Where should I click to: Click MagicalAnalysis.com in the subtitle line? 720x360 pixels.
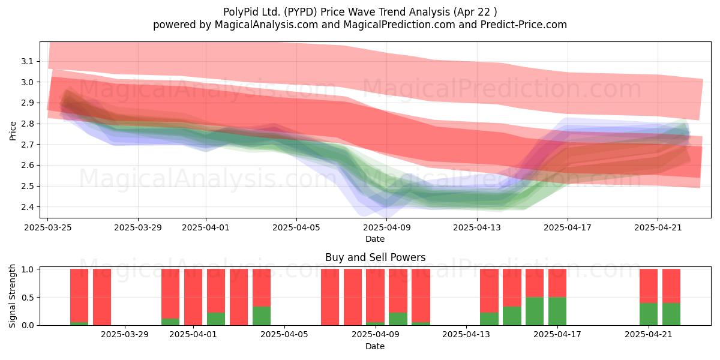[266, 25]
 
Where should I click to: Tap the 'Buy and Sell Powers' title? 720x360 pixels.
[375, 257]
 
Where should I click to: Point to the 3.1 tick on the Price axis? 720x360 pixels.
[28, 61]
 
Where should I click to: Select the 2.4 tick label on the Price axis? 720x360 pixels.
[28, 207]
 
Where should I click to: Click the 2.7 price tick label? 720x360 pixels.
[28, 145]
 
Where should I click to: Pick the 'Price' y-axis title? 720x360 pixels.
[13, 131]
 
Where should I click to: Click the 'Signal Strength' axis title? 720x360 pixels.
[12, 296]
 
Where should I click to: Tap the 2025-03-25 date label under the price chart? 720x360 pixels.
[48, 227]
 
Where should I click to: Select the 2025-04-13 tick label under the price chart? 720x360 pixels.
[477, 227]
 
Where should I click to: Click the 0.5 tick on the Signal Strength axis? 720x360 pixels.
[28, 298]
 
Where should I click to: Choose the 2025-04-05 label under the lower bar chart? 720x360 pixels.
[284, 335]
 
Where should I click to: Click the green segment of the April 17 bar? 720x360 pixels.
[557, 311]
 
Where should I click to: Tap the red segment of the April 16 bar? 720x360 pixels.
[535, 283]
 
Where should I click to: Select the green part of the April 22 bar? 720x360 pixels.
[671, 314]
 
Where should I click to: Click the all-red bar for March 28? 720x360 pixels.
[102, 297]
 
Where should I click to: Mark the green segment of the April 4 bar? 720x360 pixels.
[262, 316]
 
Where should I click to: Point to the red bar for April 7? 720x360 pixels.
[330, 297]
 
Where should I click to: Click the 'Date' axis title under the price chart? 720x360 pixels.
[375, 239]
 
